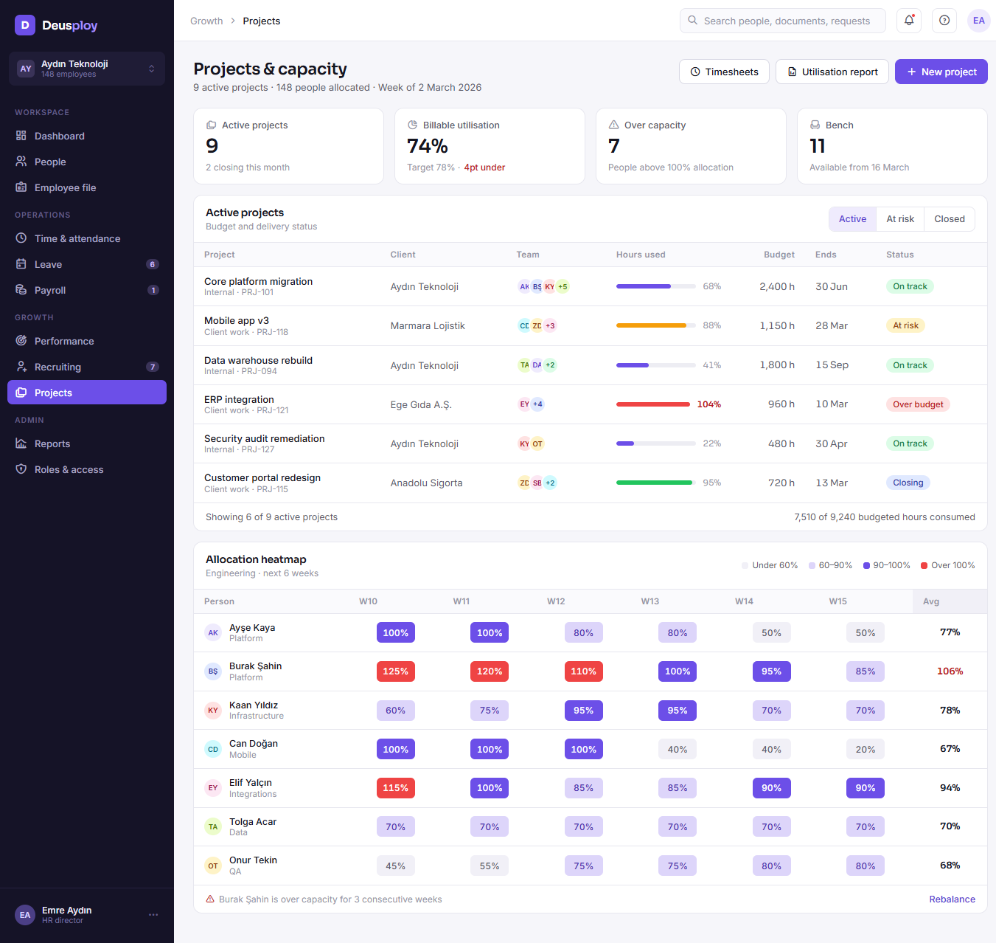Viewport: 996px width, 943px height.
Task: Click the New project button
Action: [x=941, y=72]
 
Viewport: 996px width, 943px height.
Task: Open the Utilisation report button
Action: [x=832, y=72]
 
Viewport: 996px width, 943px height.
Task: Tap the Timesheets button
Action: [x=724, y=72]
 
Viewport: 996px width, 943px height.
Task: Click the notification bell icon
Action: [x=909, y=20]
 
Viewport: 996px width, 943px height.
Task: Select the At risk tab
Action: [x=899, y=218]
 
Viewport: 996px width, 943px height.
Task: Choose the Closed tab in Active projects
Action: [x=950, y=218]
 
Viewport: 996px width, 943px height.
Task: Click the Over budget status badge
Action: [x=917, y=404]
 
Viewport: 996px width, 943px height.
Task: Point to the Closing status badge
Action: [x=908, y=483]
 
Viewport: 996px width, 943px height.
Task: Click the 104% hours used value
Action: [x=708, y=404]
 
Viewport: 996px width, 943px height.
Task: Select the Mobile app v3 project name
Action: [x=237, y=320]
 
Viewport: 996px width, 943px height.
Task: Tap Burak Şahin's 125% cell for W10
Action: [x=395, y=671]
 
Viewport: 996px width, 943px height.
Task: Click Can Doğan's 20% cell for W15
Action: [x=865, y=749]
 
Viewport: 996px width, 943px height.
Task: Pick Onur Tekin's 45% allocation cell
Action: [x=395, y=866]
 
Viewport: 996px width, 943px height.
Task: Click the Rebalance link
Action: [x=952, y=899]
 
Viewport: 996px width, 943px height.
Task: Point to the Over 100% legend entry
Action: [x=947, y=565]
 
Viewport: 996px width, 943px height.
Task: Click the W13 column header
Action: [x=650, y=601]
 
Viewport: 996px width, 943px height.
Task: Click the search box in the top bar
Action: [x=782, y=20]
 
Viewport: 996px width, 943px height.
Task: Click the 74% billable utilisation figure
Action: [x=427, y=146]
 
